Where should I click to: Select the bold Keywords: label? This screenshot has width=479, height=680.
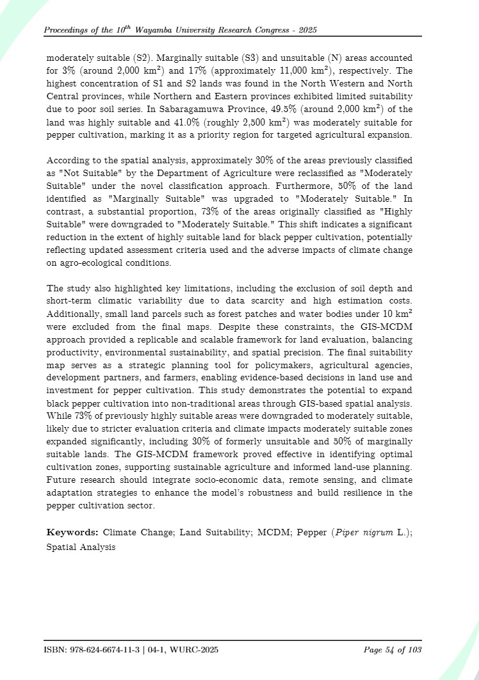72,532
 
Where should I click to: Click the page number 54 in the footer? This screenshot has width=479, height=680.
390,650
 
